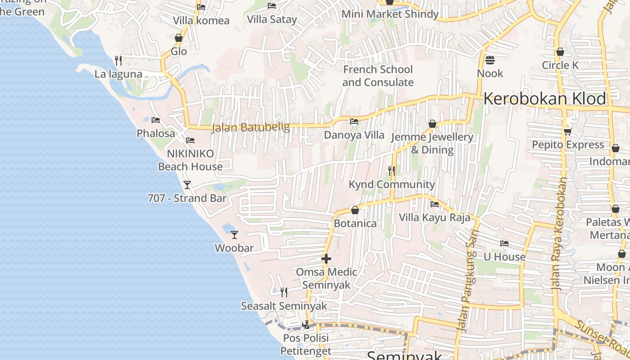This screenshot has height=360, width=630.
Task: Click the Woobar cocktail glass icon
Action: (x=234, y=234)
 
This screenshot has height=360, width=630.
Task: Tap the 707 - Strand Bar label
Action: (x=187, y=198)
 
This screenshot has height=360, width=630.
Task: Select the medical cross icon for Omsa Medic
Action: (x=326, y=259)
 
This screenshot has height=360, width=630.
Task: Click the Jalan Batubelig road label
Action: (x=251, y=127)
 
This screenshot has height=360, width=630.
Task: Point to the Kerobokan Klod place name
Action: (x=545, y=99)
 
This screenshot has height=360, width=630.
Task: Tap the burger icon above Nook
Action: (x=490, y=60)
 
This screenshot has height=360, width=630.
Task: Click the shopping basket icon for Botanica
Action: (x=355, y=210)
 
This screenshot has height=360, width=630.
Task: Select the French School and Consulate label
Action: (x=378, y=76)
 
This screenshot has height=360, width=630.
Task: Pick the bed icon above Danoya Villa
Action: (x=354, y=121)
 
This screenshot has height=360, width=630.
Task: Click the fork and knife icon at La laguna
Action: (x=118, y=60)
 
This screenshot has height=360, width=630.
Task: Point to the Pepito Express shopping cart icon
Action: (x=567, y=131)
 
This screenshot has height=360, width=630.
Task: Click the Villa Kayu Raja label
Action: (x=434, y=218)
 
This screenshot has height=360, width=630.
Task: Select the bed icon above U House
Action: (x=504, y=243)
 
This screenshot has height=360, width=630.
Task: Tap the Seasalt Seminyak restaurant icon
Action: (x=284, y=292)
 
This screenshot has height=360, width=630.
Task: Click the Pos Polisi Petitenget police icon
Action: (x=306, y=324)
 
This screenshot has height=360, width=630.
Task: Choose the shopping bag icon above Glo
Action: (x=179, y=38)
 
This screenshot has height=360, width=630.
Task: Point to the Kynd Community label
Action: (x=391, y=184)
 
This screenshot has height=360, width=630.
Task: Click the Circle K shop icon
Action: (x=560, y=52)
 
